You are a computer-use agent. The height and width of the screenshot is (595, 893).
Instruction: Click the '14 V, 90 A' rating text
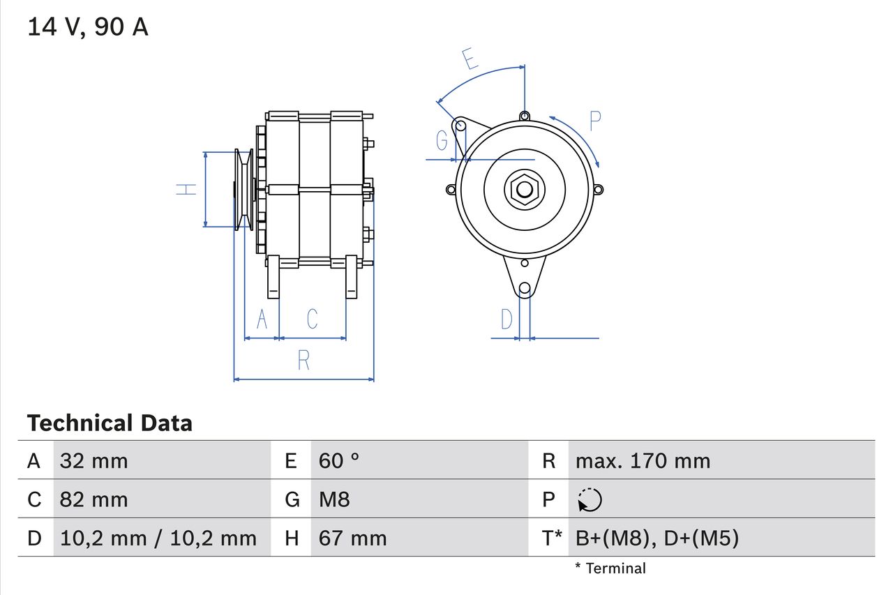click(x=88, y=27)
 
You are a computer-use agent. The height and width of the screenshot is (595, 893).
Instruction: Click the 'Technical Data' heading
click(x=110, y=423)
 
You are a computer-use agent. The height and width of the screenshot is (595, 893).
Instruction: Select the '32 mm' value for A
click(x=94, y=460)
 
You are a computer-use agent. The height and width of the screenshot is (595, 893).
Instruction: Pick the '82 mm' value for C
click(x=94, y=499)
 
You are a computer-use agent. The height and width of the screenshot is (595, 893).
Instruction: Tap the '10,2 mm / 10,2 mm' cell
click(x=158, y=538)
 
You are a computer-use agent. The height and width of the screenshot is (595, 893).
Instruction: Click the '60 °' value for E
click(x=339, y=460)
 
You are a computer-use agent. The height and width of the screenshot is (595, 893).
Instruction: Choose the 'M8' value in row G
click(x=334, y=499)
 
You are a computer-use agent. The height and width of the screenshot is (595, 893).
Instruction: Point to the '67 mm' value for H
click(x=352, y=538)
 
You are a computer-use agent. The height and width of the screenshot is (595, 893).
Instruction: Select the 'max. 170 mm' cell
click(x=643, y=460)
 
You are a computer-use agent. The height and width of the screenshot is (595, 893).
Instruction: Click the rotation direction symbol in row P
click(x=590, y=500)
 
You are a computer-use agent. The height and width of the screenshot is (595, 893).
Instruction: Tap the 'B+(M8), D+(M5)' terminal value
click(x=656, y=538)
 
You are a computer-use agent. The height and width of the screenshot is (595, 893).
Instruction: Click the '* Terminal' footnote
click(x=610, y=568)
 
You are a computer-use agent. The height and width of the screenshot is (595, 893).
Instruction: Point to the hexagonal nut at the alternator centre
click(x=524, y=189)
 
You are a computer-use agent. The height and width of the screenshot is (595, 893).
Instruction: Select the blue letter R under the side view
click(x=303, y=360)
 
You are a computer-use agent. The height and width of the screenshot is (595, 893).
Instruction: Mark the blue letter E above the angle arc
click(x=471, y=59)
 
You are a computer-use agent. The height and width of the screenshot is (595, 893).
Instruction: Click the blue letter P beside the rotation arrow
click(x=594, y=121)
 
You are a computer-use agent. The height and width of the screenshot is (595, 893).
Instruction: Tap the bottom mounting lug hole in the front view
click(x=525, y=288)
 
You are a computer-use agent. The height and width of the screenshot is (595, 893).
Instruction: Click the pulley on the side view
click(x=244, y=189)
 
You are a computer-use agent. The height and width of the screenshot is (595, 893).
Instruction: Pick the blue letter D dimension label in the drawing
click(x=507, y=319)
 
